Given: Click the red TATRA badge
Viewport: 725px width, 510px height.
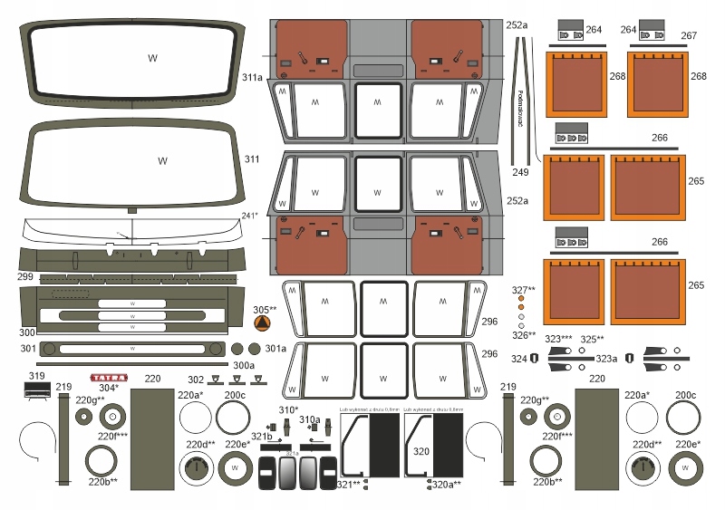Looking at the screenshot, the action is pos(109,378).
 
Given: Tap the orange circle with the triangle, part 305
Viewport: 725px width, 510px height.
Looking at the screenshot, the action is pos(262,323).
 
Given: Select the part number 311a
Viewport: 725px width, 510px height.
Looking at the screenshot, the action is pos(253,79).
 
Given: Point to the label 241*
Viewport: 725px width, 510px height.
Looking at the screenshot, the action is pos(250,216).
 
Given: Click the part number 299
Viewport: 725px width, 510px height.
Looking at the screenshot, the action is pos(24,276).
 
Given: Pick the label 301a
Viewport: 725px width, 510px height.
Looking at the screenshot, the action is pos(275,348).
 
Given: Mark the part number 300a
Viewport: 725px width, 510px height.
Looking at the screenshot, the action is pos(243,365).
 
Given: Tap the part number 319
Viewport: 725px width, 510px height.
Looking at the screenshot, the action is pos(37,376).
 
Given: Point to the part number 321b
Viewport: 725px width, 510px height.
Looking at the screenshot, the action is pos(262,437).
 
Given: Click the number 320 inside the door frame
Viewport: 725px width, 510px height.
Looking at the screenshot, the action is pos(420,450).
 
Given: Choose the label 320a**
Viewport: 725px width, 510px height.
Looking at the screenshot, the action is pos(447,485).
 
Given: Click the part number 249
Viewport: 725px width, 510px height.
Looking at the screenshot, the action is pos(519,171).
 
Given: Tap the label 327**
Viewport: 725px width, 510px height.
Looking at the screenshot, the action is pos(523,290).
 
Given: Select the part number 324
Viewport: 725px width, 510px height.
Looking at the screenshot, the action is pos(518,359).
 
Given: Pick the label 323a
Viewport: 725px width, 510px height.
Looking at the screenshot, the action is pos(605,359).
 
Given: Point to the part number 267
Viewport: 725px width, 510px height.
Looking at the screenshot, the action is pos(689,36).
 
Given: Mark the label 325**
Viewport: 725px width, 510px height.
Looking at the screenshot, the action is pos(593,339).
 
